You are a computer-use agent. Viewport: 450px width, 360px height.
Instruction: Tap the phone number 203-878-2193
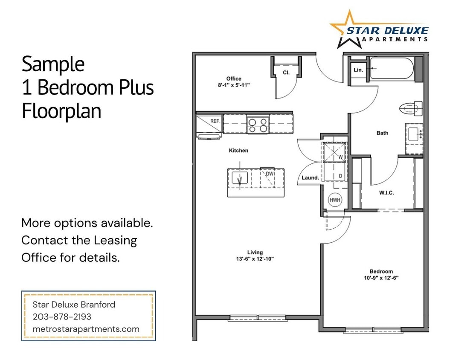tap(62, 317)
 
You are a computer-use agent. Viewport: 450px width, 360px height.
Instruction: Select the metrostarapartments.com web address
tap(86, 329)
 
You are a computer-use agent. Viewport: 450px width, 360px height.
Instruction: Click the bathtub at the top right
tap(392, 69)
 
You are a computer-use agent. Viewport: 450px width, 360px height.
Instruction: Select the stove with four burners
tap(258, 124)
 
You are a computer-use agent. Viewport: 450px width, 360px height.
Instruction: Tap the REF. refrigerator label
tap(215, 121)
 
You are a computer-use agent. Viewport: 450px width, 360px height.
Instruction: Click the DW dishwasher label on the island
tap(270, 174)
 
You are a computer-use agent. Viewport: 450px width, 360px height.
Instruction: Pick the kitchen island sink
tap(240, 178)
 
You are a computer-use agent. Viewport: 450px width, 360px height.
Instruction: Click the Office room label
tap(234, 78)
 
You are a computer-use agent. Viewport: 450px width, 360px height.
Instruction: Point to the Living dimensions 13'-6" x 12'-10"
tap(255, 258)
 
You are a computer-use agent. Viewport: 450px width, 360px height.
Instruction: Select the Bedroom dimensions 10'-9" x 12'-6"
tap(381, 278)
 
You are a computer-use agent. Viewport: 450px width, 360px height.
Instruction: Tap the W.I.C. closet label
tap(386, 193)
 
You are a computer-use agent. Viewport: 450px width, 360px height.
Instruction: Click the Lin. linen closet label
tap(358, 70)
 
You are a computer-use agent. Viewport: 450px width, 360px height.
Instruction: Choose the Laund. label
tap(311, 178)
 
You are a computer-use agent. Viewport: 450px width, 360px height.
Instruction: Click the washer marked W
tap(335, 152)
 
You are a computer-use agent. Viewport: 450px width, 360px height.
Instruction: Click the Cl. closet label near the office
tap(286, 73)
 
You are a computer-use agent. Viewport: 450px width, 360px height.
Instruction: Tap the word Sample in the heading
tap(53, 64)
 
